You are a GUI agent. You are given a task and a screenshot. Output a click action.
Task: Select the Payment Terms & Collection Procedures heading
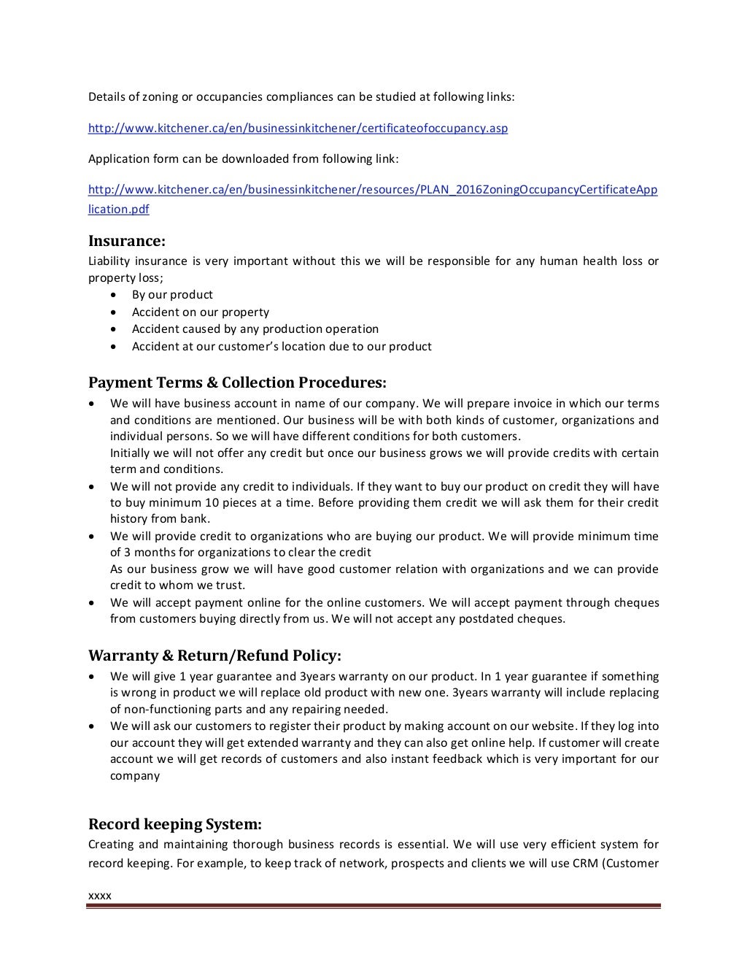pyautogui.click(x=237, y=383)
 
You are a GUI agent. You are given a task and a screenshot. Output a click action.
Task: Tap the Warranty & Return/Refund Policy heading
pyautogui.click(x=214, y=655)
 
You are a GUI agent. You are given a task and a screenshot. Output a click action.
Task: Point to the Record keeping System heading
pyautogui.click(x=174, y=824)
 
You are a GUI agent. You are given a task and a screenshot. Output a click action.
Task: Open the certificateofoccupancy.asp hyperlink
pyautogui.click(x=298, y=128)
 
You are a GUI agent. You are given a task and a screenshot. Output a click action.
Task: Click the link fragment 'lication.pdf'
pyautogui.click(x=119, y=209)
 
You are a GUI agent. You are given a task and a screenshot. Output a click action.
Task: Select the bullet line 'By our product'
pyautogui.click(x=172, y=295)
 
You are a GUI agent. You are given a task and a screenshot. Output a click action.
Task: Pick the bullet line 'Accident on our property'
pyautogui.click(x=200, y=312)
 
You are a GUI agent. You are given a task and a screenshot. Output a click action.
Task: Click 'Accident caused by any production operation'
pyautogui.click(x=255, y=329)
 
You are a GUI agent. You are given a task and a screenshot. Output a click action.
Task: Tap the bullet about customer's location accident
pyautogui.click(x=282, y=346)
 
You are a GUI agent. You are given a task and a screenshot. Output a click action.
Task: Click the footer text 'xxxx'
pyautogui.click(x=99, y=895)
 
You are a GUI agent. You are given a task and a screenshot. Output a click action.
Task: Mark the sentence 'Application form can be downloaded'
pyautogui.click(x=243, y=158)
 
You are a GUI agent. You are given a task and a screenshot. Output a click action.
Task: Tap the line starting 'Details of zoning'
pyautogui.click(x=301, y=97)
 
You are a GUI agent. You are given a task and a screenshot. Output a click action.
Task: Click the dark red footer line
pyautogui.click(x=373, y=907)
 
